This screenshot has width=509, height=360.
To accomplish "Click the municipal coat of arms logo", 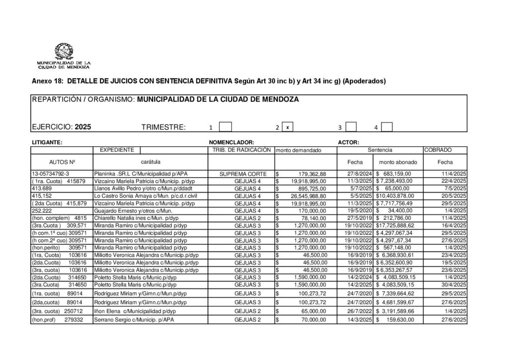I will tap(64, 52).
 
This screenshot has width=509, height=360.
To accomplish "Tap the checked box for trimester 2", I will tap(287, 127).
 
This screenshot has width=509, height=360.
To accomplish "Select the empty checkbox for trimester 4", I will tap(387, 127).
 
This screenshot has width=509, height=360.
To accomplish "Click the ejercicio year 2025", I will tap(83, 127).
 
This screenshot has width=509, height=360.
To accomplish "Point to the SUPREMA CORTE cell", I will tap(241, 174).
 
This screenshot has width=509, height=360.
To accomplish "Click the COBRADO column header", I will tap(438, 150).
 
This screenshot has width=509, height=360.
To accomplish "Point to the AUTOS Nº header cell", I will tap(62, 162).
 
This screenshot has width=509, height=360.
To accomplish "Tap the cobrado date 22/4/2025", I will tap(453, 181).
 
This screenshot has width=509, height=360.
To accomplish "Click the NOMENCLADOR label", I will tap(232, 142).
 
